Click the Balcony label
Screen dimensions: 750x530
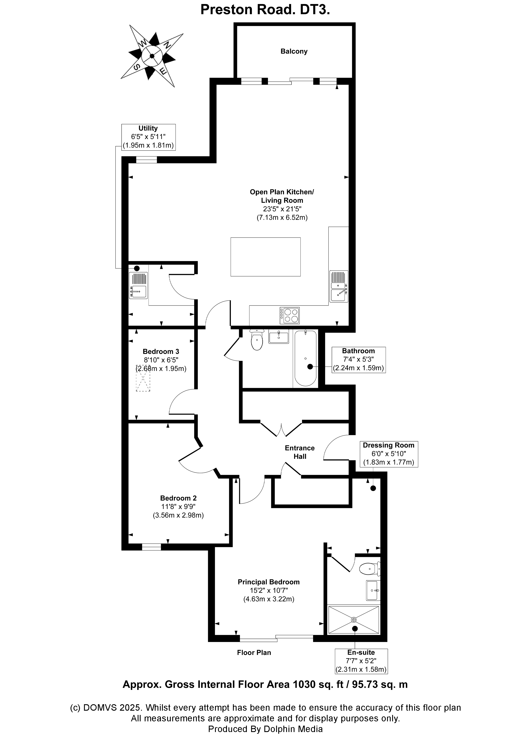pyautogui.click(x=294, y=51)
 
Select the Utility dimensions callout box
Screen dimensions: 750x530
pyautogui.click(x=148, y=137)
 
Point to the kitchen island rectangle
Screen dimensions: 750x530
pyautogui.click(x=265, y=257)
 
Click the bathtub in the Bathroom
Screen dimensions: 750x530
pyautogui.click(x=305, y=358)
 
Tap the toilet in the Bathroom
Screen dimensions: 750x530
pyautogui.click(x=257, y=340)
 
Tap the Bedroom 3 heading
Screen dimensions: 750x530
pyautogui.click(x=161, y=351)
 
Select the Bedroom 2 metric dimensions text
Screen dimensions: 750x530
pyautogui.click(x=178, y=515)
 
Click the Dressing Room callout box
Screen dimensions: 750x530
pyautogui.click(x=388, y=454)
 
